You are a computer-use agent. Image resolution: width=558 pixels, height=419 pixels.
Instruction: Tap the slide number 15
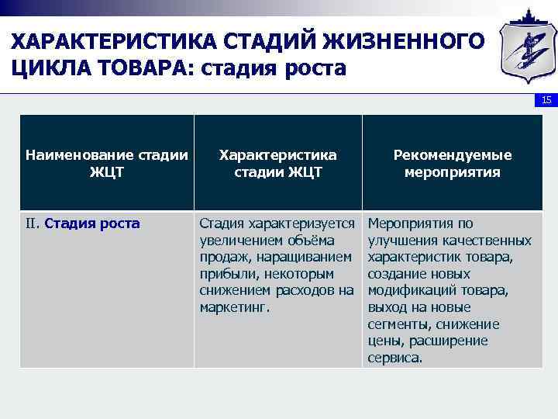pyautogui.click(x=546, y=101)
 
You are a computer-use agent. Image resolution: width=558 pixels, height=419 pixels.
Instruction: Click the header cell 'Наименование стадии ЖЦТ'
pyautogui.click(x=107, y=164)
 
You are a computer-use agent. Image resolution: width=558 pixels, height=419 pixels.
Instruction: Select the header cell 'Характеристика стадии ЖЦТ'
pyautogui.click(x=277, y=164)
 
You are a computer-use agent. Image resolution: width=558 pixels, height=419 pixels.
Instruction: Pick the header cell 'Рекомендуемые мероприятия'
pyautogui.click(x=452, y=164)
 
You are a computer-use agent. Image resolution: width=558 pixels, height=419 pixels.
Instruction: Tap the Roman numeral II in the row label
pyautogui.click(x=32, y=224)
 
